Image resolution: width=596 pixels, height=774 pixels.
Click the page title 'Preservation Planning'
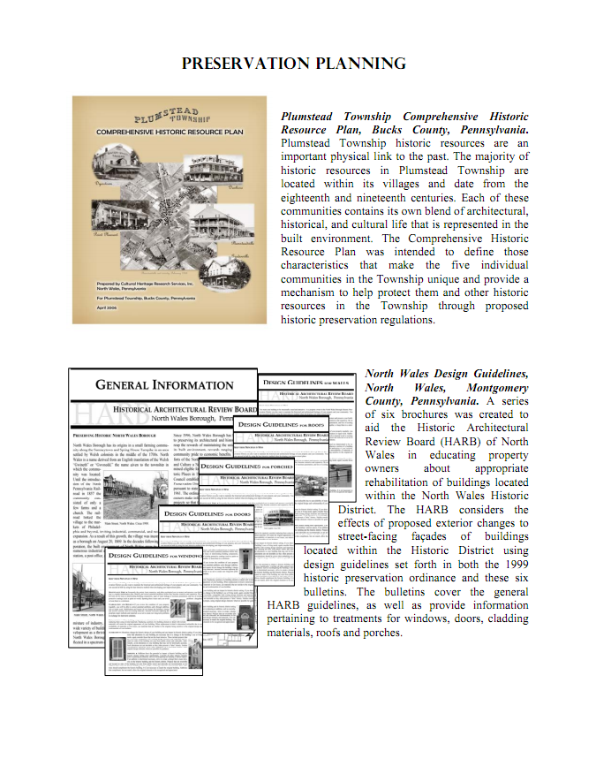click(293, 64)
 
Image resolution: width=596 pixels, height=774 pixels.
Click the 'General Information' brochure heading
click(164, 385)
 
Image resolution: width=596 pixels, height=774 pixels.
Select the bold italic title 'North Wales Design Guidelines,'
click(447, 374)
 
